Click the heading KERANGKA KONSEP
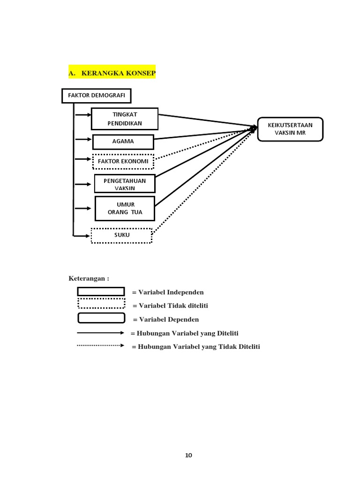tap(112, 74)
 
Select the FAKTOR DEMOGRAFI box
tap(97, 96)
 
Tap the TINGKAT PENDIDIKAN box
tap(125, 119)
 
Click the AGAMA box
tap(123, 142)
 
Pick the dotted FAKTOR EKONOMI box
tap(123, 162)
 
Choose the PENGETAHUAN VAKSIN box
tap(125, 184)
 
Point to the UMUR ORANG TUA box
tap(125, 208)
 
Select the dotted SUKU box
tap(121, 235)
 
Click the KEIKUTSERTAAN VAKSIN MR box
tap(290, 129)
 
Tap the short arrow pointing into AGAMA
tap(83, 139)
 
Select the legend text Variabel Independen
tap(168, 292)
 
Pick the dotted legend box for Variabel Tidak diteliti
tap(101, 303)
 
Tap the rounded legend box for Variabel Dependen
tap(101, 318)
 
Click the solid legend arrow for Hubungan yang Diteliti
tap(100, 333)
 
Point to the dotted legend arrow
tap(100, 345)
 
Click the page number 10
tap(188, 455)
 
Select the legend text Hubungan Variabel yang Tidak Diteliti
tap(196, 347)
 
